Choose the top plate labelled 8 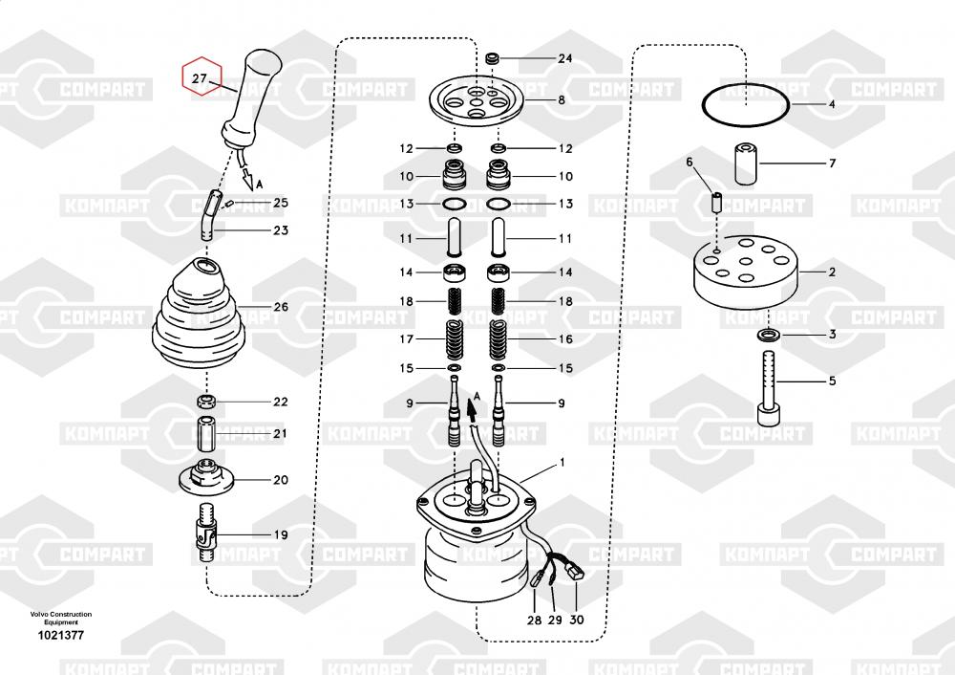tap(475, 98)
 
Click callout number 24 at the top tap(564, 58)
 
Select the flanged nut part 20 tap(207, 475)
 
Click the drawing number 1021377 tap(59, 635)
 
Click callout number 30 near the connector tap(577, 620)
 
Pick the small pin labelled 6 tap(716, 203)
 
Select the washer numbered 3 tap(768, 336)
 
